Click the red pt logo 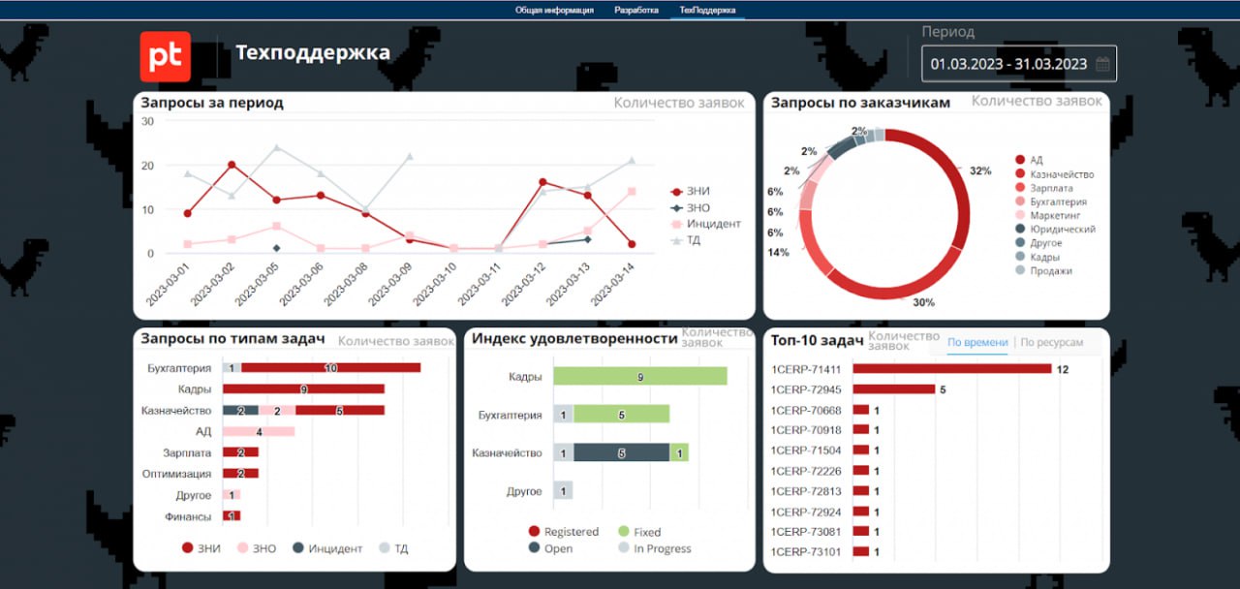[x=165, y=56]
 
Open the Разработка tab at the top [x=636, y=10]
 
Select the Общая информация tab [x=554, y=10]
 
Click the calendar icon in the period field [x=1101, y=65]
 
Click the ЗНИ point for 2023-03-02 [x=232, y=165]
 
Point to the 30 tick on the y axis [x=148, y=121]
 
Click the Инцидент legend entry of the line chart [x=713, y=224]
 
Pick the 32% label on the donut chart [x=979, y=171]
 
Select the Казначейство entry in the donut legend [x=1061, y=174]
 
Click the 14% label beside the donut [x=777, y=253]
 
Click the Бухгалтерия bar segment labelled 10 [x=330, y=368]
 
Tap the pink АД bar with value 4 [x=259, y=431]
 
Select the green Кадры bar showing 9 [x=639, y=377]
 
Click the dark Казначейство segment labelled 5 [x=621, y=452]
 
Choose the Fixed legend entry [x=646, y=532]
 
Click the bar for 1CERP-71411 [x=951, y=369]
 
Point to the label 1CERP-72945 [x=806, y=390]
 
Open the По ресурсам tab [x=1051, y=343]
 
